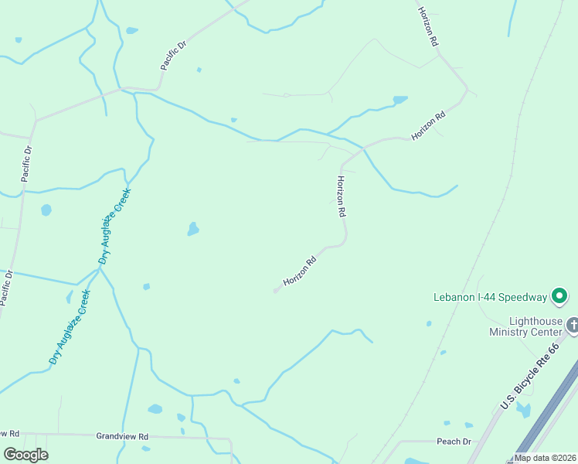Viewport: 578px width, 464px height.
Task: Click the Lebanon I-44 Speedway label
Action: coord(489,296)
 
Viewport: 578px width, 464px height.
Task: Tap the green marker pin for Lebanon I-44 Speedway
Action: coord(559,296)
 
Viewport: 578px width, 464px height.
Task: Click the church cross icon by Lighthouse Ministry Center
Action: coord(573,325)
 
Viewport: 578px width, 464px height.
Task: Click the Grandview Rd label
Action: coord(122,437)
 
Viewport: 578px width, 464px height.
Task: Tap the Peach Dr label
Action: coord(454,442)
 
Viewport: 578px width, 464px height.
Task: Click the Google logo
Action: coord(25,455)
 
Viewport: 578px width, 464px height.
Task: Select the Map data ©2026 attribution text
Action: coord(544,458)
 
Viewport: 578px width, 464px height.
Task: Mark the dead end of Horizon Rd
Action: coord(276,291)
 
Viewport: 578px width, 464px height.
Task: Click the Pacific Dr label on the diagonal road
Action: coord(174,56)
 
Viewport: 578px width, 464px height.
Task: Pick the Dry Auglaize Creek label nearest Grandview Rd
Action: coord(70,326)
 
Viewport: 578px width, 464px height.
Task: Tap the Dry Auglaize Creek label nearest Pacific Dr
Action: coord(115,227)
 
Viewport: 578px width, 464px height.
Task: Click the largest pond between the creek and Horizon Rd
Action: coord(192,229)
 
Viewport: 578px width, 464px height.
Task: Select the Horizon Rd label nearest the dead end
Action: coord(301,271)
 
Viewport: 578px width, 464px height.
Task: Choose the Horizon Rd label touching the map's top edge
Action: coord(428,27)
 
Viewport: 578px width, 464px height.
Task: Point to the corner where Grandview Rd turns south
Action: coord(230,439)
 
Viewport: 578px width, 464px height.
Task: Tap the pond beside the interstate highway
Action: coord(525,411)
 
